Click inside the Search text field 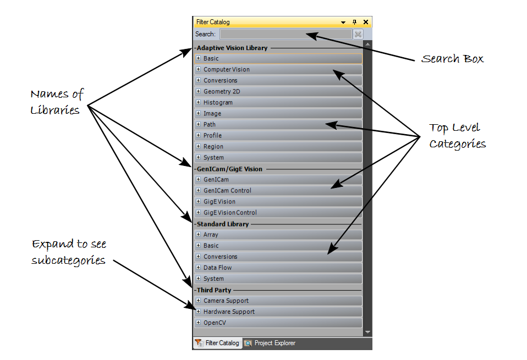click(x=285, y=34)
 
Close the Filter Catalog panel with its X click(x=366, y=22)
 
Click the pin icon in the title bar click(x=354, y=22)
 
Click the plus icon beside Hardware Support click(x=199, y=312)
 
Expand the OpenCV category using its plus click(x=199, y=323)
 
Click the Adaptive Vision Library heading click(x=232, y=48)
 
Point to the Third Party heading click(x=214, y=290)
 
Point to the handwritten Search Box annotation click(x=452, y=59)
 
